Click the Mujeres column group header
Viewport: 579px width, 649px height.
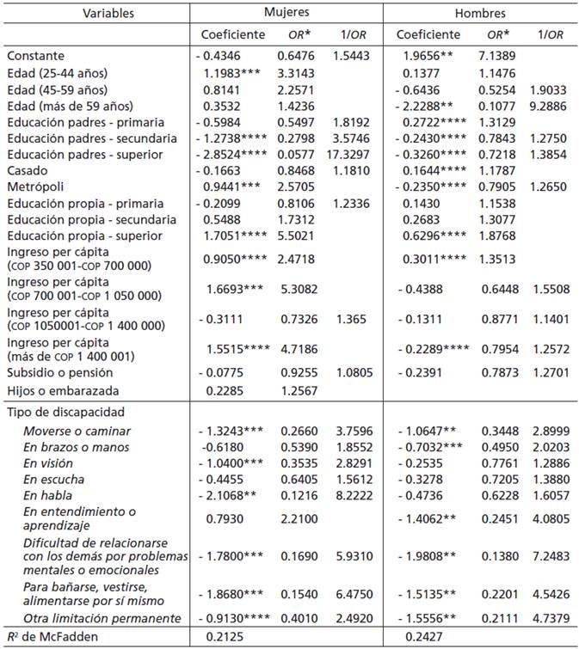pos(286,14)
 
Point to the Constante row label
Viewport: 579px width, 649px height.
pos(36,55)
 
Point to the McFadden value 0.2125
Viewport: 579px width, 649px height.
pos(221,637)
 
